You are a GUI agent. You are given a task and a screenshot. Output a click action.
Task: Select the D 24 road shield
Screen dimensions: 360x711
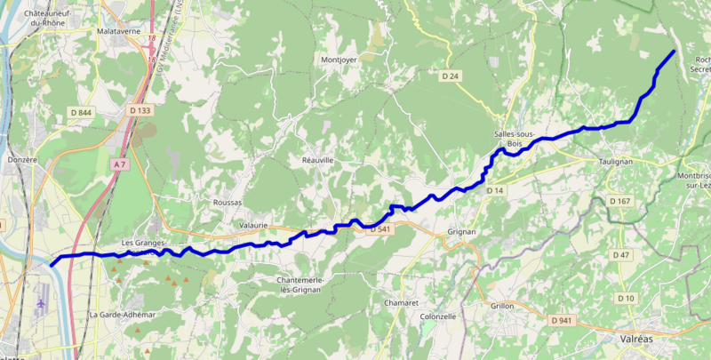click(451, 76)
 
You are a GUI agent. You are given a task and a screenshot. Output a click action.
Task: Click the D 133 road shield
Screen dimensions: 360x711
click(140, 110)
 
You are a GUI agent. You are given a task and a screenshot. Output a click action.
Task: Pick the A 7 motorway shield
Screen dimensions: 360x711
click(121, 164)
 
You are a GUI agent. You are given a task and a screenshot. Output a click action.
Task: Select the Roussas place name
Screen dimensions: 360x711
click(228, 202)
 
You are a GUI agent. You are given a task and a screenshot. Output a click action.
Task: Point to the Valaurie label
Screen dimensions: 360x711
click(254, 226)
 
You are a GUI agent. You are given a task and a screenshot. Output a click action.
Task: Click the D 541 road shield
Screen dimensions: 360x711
click(380, 229)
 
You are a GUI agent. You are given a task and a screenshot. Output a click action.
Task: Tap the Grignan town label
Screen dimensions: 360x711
click(462, 232)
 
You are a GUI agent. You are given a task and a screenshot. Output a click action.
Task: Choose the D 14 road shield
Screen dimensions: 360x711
click(495, 190)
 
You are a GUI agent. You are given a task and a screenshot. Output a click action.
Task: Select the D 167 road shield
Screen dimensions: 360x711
click(620, 202)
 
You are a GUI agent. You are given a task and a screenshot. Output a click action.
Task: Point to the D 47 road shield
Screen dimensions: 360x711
click(620, 255)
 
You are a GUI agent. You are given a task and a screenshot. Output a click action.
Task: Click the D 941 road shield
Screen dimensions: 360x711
click(561, 320)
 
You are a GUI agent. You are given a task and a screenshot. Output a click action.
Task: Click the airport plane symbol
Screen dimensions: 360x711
click(42, 303)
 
